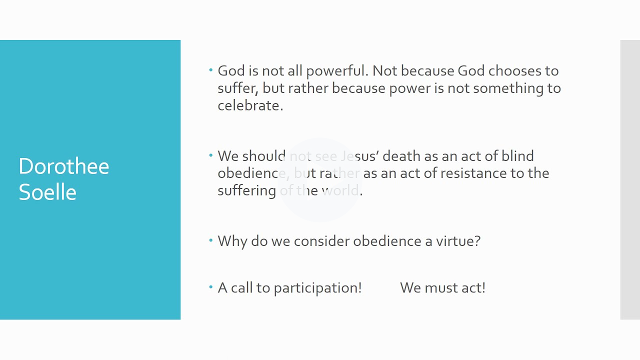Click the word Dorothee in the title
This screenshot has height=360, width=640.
click(63, 166)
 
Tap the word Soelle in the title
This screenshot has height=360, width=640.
click(47, 192)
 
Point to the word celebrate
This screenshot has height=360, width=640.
click(249, 105)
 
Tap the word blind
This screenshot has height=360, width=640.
click(517, 156)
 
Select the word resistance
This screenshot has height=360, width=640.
click(473, 173)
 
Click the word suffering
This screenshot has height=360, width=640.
click(246, 191)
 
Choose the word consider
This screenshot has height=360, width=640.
click(321, 241)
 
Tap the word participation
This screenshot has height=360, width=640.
click(317, 288)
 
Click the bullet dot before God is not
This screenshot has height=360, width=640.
click(211, 70)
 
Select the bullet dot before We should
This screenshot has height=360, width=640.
click(211, 155)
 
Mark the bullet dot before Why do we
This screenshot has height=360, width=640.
click(211, 240)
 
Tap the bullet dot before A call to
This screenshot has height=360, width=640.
click(211, 287)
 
